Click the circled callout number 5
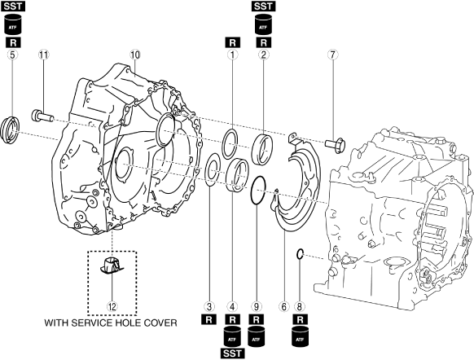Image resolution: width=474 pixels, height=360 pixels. (12, 55)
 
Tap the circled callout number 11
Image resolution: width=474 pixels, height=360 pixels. (43, 55)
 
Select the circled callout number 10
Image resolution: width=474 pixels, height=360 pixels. (135, 55)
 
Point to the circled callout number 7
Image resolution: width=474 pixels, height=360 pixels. (332, 55)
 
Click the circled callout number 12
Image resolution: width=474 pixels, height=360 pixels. (112, 307)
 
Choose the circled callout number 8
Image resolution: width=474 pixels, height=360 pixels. (300, 307)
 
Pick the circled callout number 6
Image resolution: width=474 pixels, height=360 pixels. (283, 307)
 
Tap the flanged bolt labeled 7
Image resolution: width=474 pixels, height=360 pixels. (336, 145)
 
